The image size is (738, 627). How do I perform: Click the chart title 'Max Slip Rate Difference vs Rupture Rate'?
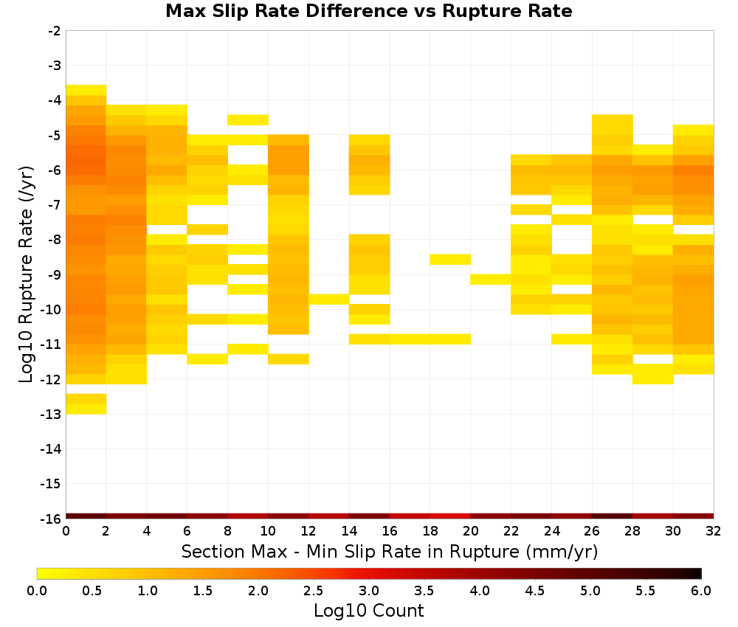(368, 11)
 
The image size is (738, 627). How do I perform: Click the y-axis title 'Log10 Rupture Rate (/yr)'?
(26, 274)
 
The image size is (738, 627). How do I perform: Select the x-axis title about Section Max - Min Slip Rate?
(389, 551)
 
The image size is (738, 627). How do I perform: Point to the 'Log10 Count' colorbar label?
(368, 611)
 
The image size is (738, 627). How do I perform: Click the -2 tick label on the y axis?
(55, 31)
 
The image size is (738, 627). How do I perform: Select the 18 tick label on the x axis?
(430, 532)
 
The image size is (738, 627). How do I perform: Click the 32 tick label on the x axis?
(713, 532)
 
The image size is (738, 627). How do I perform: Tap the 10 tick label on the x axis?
(268, 532)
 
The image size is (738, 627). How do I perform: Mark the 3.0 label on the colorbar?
(368, 591)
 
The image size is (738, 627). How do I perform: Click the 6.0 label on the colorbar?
(701, 591)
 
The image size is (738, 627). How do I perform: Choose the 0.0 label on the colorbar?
(37, 591)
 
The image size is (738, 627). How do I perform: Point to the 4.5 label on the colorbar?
(534, 591)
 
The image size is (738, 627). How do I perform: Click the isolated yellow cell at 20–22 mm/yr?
(491, 280)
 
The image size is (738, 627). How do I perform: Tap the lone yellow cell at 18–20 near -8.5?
(450, 259)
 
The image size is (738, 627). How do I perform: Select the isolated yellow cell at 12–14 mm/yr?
(328, 299)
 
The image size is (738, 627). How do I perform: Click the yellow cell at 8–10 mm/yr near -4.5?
(247, 119)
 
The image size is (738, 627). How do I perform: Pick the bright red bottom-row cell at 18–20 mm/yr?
(450, 516)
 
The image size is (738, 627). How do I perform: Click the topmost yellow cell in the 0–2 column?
(86, 90)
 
